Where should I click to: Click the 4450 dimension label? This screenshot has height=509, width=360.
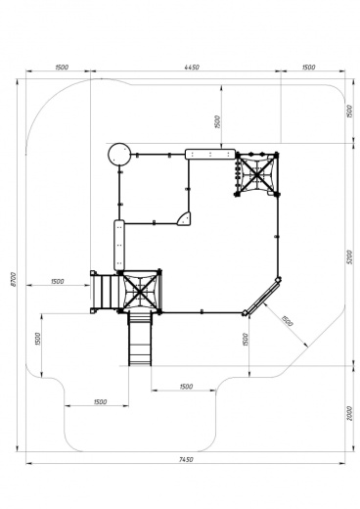point(192,68)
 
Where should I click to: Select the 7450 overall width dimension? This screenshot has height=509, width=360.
point(186,459)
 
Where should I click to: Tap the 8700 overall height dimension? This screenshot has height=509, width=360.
point(14,279)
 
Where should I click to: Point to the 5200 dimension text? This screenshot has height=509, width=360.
point(349,257)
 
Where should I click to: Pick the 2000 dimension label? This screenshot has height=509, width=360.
point(349,413)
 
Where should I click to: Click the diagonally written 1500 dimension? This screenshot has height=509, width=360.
point(288,321)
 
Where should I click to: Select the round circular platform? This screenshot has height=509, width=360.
point(119,155)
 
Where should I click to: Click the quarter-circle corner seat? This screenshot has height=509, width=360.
point(184,218)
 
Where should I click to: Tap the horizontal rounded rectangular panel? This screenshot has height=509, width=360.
point(210,154)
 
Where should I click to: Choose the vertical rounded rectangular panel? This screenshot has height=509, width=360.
point(119,245)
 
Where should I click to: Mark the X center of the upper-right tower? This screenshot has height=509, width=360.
point(256,174)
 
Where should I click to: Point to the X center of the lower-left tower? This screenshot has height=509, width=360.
point(140,292)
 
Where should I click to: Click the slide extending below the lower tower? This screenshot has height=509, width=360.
point(140,339)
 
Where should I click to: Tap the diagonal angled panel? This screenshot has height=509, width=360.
point(262,297)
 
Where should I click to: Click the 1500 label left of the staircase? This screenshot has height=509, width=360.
point(58,281)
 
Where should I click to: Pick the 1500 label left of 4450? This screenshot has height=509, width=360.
point(62,68)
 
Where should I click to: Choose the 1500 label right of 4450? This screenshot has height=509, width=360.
point(308,68)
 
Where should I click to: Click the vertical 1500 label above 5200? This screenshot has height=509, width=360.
point(349,112)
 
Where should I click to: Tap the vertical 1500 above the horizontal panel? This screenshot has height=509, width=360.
point(218,121)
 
